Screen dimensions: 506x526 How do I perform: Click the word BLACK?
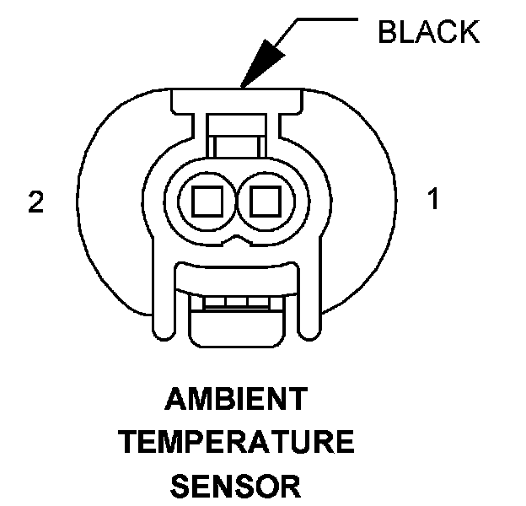[x=428, y=32]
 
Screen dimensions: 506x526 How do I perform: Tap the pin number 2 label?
[x=35, y=202]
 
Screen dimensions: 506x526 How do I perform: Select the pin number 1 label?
[x=433, y=201]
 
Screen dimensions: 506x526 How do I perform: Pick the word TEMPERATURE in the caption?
[x=236, y=442]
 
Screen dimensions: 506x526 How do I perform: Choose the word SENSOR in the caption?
[x=235, y=486]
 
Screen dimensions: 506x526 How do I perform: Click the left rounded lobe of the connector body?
[x=110, y=202]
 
